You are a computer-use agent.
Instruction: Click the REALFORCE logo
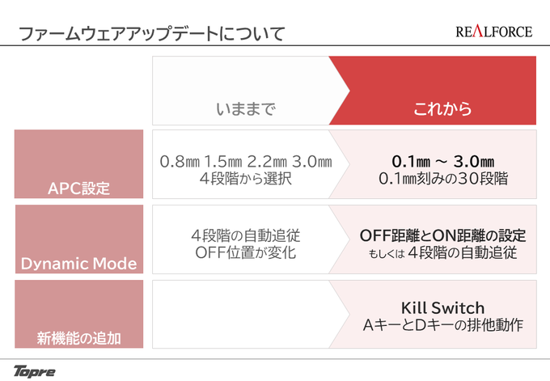[x=494, y=32]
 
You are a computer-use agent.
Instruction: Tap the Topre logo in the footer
[x=34, y=371]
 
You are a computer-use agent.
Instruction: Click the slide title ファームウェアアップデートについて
[x=151, y=34]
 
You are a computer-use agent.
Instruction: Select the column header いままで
[x=246, y=108]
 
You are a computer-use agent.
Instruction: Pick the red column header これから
[x=442, y=108]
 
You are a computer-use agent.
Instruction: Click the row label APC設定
[x=79, y=188]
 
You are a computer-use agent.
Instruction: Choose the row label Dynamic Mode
[x=79, y=264]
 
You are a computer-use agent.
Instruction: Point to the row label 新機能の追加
[x=79, y=339]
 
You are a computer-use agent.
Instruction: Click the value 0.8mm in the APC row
[x=180, y=162]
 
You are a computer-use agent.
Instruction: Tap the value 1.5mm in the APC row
[x=223, y=162]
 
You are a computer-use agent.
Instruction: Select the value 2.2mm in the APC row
[x=267, y=162]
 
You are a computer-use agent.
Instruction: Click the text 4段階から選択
[x=246, y=179]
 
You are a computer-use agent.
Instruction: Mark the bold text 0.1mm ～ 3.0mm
[x=443, y=162]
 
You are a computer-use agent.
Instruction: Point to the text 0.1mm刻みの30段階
[x=443, y=179]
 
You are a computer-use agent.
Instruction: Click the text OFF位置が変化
[x=246, y=252]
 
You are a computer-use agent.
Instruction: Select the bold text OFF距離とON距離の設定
[x=443, y=235]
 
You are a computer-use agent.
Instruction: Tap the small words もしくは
[x=387, y=253]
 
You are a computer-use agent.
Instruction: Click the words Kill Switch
[x=443, y=308]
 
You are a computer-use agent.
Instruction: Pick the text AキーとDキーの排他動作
[x=443, y=325]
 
